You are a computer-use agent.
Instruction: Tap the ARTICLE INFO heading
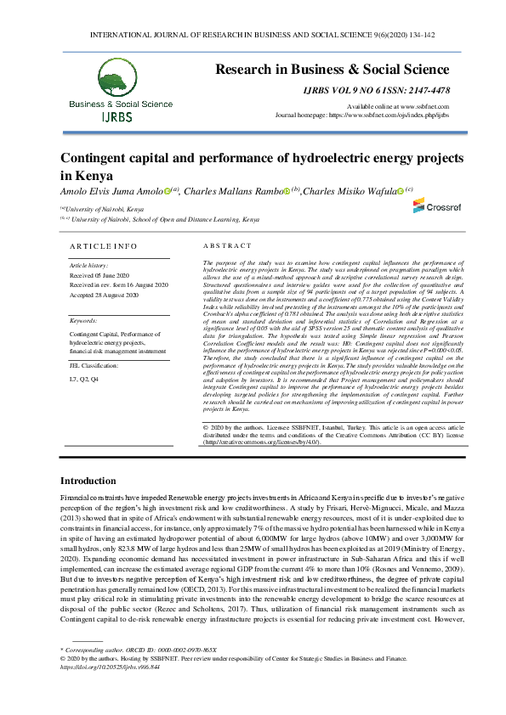pyautogui.click(x=102, y=245)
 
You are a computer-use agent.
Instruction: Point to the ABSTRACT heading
pyautogui.click(x=223, y=245)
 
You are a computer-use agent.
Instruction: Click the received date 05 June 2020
pyautogui.click(x=99, y=275)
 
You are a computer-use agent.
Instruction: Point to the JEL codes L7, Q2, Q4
pyautogui.click(x=83, y=378)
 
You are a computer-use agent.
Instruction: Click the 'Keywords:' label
pyautogui.click(x=83, y=321)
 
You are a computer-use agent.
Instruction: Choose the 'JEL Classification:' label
pyautogui.click(x=94, y=364)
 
